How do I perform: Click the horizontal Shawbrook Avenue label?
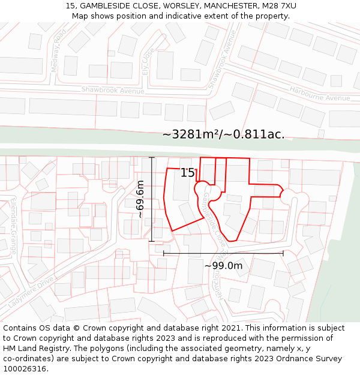[113, 90]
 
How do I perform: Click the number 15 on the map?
[188, 173]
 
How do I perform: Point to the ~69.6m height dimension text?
[140, 199]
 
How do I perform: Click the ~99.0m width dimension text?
[223, 266]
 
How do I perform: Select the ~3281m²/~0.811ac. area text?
[223, 134]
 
